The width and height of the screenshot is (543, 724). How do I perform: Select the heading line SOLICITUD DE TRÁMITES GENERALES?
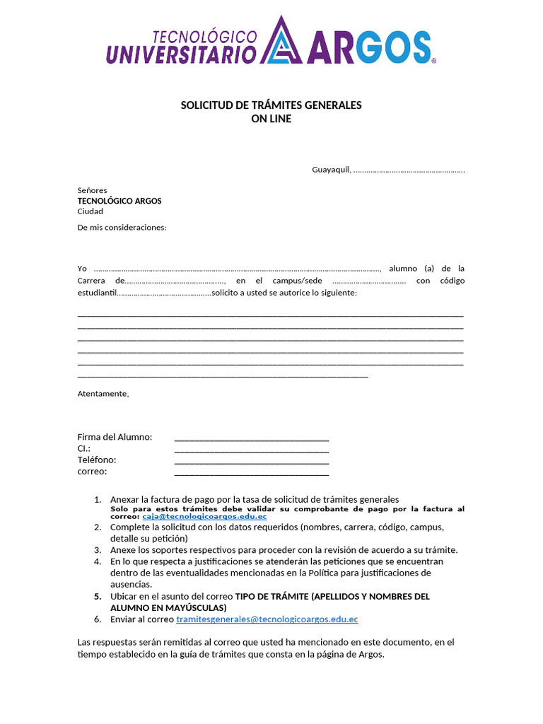pos(271,105)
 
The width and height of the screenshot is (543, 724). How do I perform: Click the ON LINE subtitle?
pos(271,119)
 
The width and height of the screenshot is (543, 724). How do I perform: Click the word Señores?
pos(92,190)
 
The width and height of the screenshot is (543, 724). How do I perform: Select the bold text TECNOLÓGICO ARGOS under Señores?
pos(119,201)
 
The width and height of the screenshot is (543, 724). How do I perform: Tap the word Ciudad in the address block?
pos(90,211)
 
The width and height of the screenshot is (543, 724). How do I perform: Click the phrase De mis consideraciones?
pos(122,228)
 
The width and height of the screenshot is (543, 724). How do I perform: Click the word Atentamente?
pos(103,394)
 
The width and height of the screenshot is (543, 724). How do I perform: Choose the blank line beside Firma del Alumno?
pos(251,439)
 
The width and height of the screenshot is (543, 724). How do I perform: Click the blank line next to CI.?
pos(251,450)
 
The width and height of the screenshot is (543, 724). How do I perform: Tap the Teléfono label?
pos(97,460)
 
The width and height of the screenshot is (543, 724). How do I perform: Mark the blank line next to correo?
pos(251,473)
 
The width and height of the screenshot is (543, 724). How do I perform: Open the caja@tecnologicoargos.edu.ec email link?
pos(199,517)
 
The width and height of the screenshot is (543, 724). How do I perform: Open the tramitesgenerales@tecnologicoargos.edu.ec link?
pos(267,619)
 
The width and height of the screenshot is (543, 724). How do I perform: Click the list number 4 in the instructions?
pos(98,561)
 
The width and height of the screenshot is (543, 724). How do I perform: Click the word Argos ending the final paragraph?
pos(370,655)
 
